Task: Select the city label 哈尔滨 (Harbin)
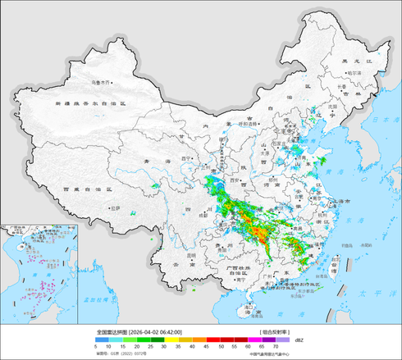pyautogui.click(x=354, y=73)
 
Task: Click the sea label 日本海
pyautogui.click(x=382, y=121)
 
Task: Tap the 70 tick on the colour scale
pyautogui.click(x=286, y=348)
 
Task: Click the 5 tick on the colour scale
pyautogui.click(x=97, y=348)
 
